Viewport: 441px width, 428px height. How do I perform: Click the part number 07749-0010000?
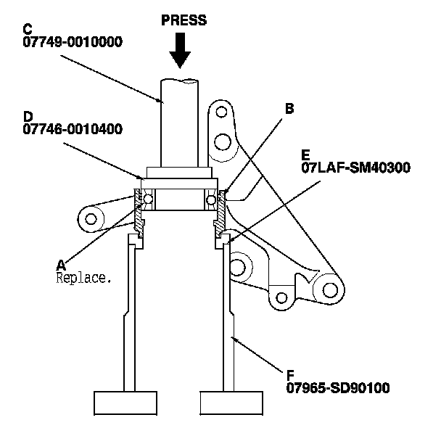tap(72, 42)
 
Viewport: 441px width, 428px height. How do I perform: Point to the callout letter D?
tap(28, 117)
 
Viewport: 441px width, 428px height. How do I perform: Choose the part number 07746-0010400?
tap(72, 130)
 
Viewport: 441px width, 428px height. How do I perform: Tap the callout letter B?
tap(289, 110)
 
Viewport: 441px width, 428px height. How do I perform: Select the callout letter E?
tap(305, 155)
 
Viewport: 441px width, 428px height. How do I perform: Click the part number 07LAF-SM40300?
tap(355, 168)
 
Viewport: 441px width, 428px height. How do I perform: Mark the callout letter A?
tap(61, 264)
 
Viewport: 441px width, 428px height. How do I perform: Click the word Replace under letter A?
tap(83, 276)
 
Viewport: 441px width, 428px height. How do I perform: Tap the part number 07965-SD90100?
tap(338, 387)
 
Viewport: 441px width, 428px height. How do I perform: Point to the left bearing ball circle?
tap(149, 199)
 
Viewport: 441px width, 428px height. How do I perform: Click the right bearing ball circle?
tap(211, 199)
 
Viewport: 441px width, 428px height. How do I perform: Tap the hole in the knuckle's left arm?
tap(93, 217)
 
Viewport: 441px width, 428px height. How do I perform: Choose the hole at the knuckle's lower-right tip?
tap(331, 289)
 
